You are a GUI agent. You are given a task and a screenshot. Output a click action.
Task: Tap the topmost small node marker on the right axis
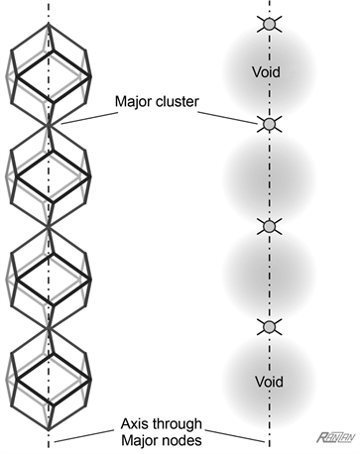coord(268,23)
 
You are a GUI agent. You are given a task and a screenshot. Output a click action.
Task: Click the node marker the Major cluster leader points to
coord(268,124)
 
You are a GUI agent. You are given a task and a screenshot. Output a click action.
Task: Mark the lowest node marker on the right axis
coord(268,327)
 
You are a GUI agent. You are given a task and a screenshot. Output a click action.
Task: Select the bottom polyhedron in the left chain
coord(48,382)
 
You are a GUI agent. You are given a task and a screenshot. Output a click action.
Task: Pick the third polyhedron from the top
coord(48,278)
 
